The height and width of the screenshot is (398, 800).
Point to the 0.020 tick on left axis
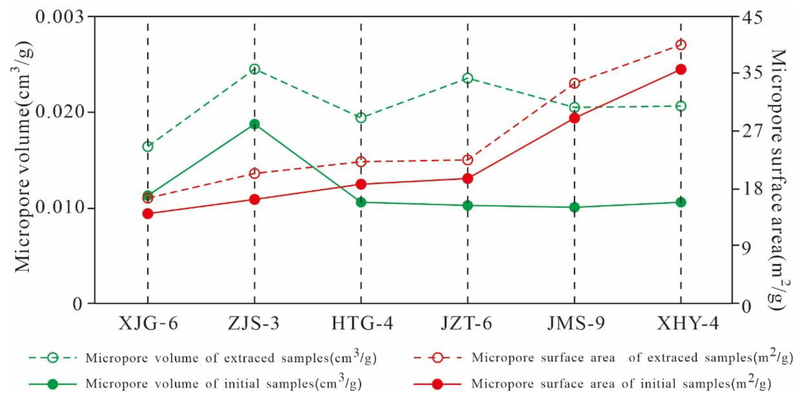coord(60,112)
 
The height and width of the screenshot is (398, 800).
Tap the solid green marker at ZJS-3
coord(254,124)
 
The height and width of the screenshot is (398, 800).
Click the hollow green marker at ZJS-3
coord(254,69)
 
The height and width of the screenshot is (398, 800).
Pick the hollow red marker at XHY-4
coord(681,45)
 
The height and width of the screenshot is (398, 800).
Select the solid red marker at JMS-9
coord(574,118)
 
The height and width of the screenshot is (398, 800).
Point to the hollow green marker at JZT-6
coord(468,78)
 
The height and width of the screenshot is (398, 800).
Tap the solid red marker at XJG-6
coord(148,214)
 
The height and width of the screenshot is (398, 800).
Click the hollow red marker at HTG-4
coord(361,162)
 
